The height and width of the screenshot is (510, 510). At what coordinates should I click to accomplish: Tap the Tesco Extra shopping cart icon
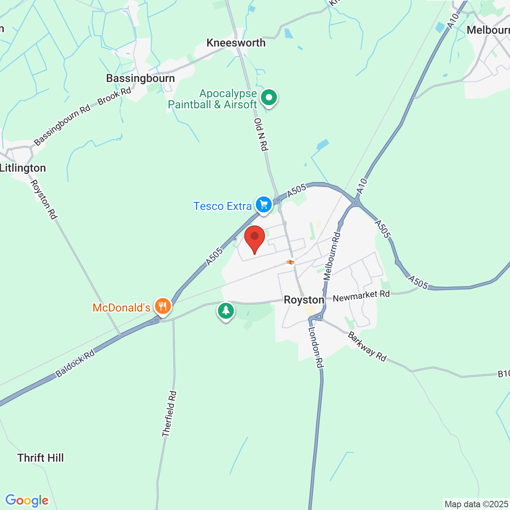(x=263, y=205)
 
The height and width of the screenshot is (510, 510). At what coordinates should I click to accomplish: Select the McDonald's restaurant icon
(x=162, y=306)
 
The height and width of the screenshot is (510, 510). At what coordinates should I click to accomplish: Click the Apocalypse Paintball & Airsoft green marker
(x=269, y=97)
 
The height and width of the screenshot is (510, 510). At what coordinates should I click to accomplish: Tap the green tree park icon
(x=226, y=310)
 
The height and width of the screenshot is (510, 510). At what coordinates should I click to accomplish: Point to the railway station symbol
(x=290, y=262)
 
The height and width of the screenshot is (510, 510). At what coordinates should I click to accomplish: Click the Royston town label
(x=304, y=300)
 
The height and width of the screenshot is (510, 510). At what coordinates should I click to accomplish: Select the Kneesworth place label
(x=236, y=43)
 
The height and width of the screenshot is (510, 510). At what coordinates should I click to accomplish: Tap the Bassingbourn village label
(x=140, y=78)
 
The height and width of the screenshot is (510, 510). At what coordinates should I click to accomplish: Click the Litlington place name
(x=23, y=168)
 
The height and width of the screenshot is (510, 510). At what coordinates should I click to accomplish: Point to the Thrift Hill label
(x=41, y=458)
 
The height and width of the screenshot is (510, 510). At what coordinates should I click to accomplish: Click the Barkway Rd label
(x=367, y=347)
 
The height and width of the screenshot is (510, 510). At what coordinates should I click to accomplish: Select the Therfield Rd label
(x=169, y=414)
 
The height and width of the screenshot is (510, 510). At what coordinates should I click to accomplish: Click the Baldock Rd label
(x=75, y=363)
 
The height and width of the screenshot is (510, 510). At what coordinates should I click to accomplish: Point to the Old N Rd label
(x=261, y=134)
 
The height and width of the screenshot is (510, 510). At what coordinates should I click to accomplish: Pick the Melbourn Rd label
(x=332, y=257)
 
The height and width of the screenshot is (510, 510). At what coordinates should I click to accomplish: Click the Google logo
(x=27, y=500)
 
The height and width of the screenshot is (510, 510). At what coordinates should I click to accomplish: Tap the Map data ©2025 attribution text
(x=476, y=504)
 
